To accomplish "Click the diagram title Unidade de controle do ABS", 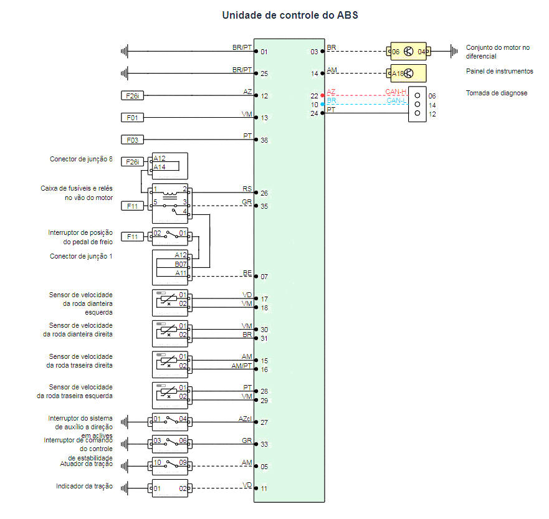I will point(290,15).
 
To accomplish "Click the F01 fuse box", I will point(132,117).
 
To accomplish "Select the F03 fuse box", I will point(132,140).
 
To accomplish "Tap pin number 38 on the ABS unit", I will point(264,141).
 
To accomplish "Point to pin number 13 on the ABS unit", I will point(264,118).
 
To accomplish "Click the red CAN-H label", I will point(396,92).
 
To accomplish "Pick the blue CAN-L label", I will point(396,100).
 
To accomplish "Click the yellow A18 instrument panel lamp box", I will point(408,73).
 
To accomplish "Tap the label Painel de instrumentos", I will point(499,71).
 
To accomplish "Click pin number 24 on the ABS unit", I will point(314,113).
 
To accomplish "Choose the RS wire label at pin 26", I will point(247,188).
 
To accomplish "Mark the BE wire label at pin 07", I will point(247,272).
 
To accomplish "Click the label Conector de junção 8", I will point(81,159).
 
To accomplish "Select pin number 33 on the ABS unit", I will point(264,444).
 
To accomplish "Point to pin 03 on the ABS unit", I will point(314,52).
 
